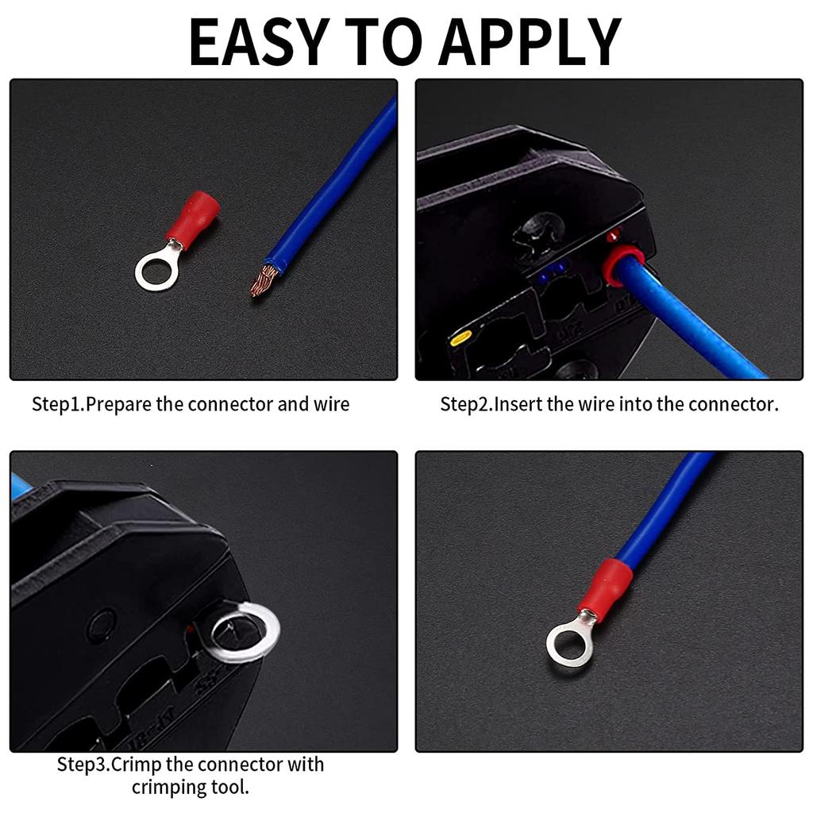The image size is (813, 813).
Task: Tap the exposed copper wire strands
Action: pyautogui.click(x=264, y=280)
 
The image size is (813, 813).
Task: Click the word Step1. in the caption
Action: pyautogui.click(x=57, y=404)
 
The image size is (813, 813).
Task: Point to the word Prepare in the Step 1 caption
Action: pyautogui.click(x=118, y=404)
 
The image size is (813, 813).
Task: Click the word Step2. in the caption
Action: pyautogui.click(x=466, y=404)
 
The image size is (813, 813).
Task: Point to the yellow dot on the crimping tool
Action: pyautogui.click(x=457, y=339)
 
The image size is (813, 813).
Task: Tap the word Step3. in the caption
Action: pyautogui.click(x=83, y=765)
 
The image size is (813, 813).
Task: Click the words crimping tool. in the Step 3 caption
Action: pyautogui.click(x=191, y=788)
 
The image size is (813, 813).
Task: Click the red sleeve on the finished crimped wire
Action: pyautogui.click(x=605, y=584)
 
